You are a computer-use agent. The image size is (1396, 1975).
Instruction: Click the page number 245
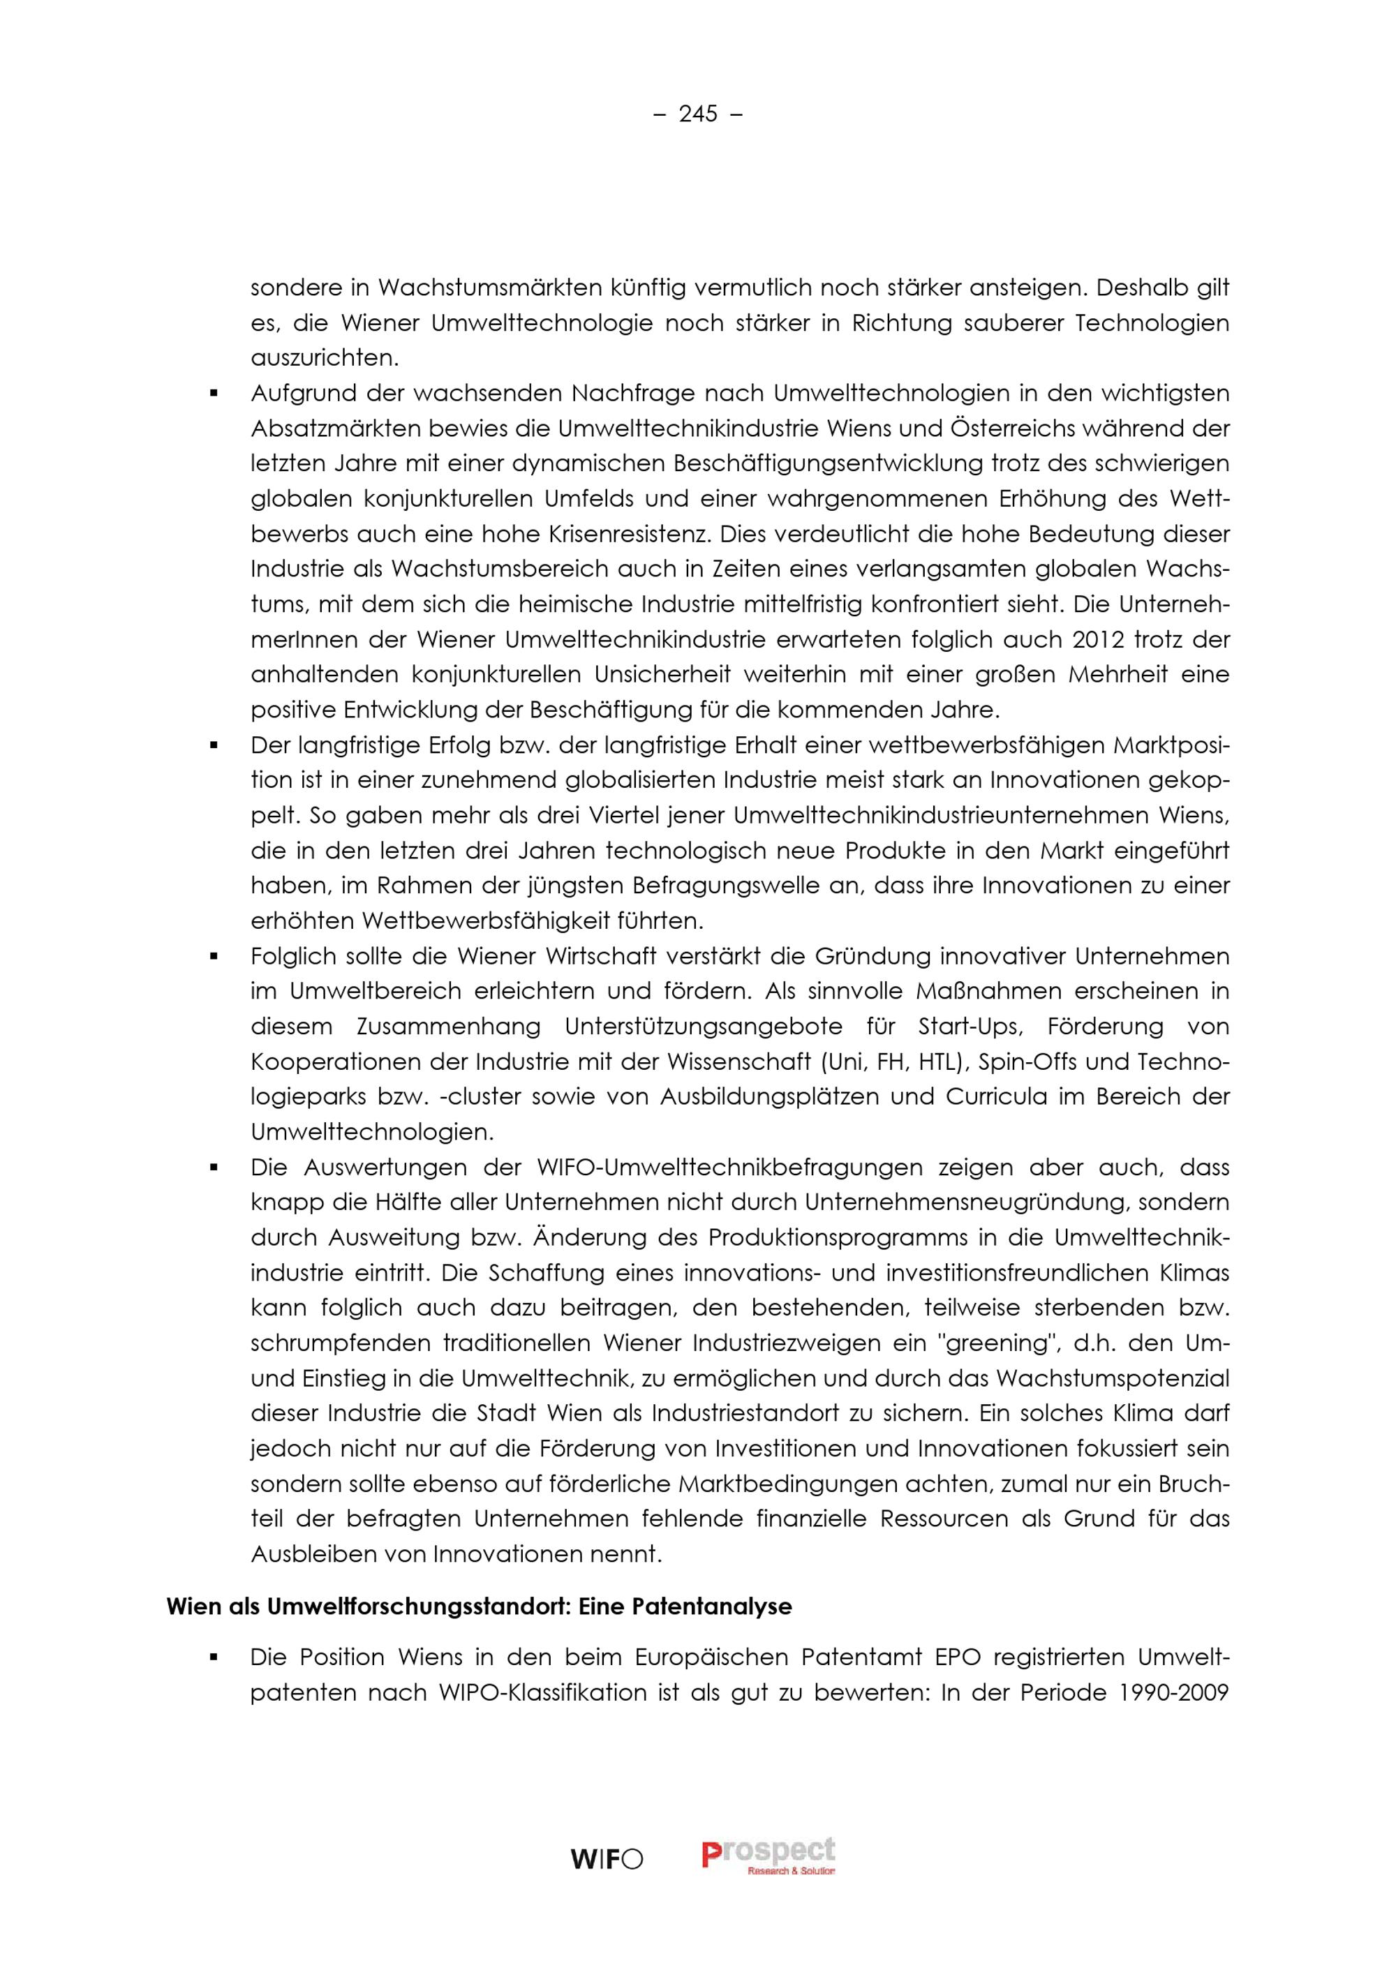pyautogui.click(x=697, y=114)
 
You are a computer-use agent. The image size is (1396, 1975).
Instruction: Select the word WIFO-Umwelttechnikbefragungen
pyautogui.click(x=729, y=1168)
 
